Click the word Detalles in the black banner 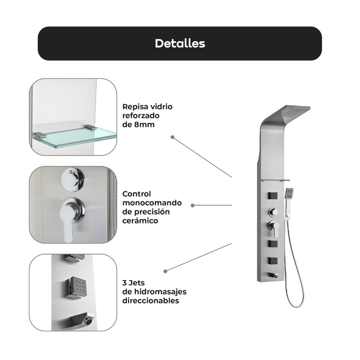pos(180,43)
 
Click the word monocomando pos(152,203)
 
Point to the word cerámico pos(140,220)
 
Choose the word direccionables pos(150,300)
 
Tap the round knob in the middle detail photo pos(73,179)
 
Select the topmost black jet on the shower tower pos(273,196)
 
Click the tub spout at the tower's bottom pos(273,275)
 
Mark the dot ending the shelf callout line pos(172,137)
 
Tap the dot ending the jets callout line pos(165,271)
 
